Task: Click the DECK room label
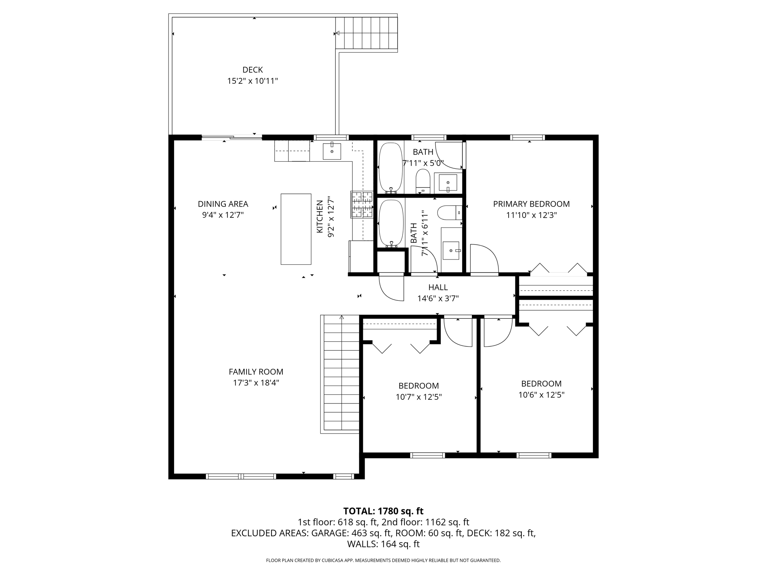pos(252,70)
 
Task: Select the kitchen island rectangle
pos(296,229)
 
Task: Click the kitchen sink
pos(332,151)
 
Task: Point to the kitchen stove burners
pos(362,204)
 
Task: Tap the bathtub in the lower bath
pos(391,224)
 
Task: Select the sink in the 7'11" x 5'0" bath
pos(448,183)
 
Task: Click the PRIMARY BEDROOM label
pos(531,204)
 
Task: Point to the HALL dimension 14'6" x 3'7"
pos(438,298)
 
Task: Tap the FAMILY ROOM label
pos(256,372)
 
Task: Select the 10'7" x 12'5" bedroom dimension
pos(418,397)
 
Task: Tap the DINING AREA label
pos(223,204)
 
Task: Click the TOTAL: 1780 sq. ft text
pos(383,511)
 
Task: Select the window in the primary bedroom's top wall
pos(527,137)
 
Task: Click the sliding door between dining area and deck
pos(231,138)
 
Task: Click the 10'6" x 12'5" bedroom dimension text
pos(541,394)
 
